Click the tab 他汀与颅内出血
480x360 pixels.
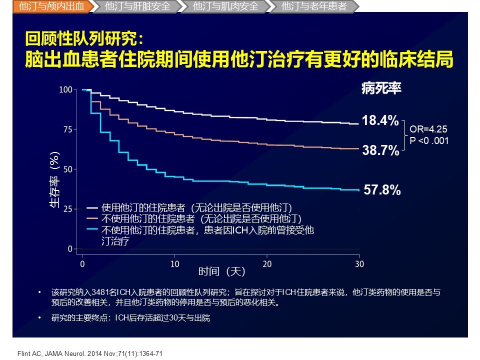tap(51, 6)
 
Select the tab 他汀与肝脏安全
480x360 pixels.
tap(138, 6)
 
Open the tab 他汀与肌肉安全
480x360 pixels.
tap(226, 6)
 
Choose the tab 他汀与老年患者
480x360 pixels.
tap(314, 6)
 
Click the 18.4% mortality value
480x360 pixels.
tap(380, 120)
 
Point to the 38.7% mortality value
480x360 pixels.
tap(380, 150)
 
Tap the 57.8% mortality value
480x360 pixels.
tap(382, 190)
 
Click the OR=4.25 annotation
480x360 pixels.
tap(428, 128)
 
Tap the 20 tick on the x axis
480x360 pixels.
tap(267, 263)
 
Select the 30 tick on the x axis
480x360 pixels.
tap(359, 263)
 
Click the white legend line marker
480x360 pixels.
tap(92, 207)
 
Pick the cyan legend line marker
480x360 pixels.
tap(92, 229)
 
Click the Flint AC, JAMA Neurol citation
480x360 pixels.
tap(87, 353)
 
